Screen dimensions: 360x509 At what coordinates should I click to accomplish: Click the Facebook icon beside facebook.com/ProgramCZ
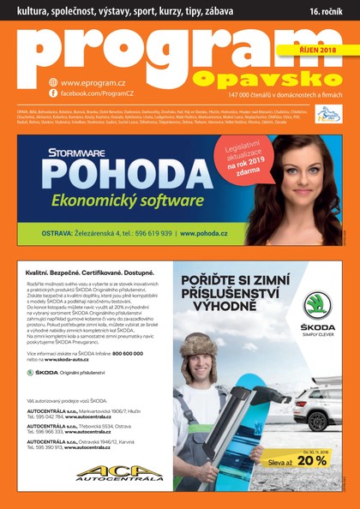53,92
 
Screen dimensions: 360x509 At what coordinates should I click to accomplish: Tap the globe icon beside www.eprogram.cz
53,82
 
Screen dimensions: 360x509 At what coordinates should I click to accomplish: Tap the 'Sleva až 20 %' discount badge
311,460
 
